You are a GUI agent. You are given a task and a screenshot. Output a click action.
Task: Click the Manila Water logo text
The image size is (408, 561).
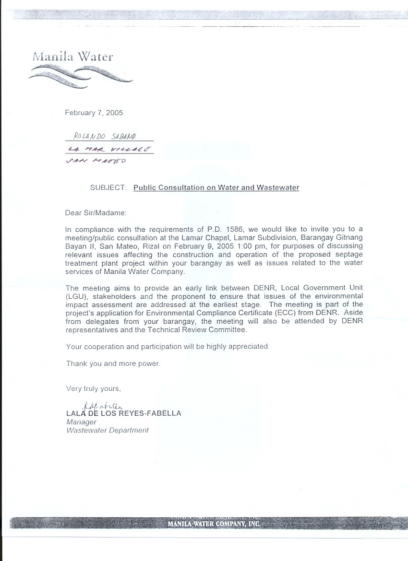point(72,56)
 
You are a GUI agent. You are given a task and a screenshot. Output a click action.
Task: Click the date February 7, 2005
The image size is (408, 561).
point(94,113)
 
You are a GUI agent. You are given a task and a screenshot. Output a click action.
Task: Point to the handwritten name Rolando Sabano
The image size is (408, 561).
point(101,137)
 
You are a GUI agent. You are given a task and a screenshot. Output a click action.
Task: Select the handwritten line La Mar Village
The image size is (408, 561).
point(110,149)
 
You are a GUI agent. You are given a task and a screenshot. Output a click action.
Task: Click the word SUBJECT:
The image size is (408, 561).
point(108,187)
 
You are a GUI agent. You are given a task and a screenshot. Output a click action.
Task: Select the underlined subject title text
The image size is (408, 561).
point(216,187)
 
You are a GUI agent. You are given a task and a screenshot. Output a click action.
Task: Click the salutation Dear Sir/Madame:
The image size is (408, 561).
point(96,212)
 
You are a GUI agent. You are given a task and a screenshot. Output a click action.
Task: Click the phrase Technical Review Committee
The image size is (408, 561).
point(205,329)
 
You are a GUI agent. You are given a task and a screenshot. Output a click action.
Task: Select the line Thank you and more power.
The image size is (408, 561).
point(113,363)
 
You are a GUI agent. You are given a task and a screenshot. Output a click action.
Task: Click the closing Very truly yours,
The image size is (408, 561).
point(94,388)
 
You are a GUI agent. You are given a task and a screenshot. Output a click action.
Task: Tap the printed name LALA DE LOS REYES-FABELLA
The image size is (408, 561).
point(124,413)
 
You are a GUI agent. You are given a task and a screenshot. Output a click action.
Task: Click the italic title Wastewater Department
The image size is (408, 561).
point(108,431)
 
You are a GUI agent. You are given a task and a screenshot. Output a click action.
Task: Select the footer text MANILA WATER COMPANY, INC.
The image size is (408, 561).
point(214,524)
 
